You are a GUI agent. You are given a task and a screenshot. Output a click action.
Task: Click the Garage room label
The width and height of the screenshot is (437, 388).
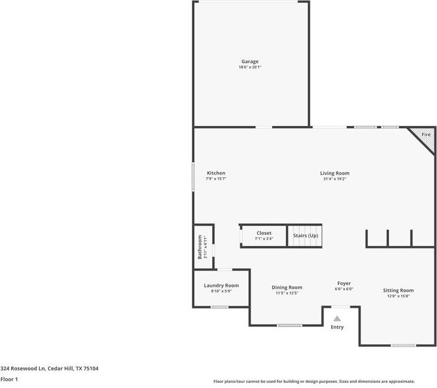(250, 62)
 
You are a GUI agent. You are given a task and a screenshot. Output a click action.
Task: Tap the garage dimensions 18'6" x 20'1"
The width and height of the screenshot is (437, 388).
(250, 67)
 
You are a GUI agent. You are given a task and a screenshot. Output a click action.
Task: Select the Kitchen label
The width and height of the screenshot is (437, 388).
(216, 173)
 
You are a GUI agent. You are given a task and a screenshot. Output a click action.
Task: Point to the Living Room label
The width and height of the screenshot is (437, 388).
(334, 173)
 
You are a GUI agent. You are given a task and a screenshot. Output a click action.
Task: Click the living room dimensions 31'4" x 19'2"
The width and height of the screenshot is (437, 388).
(334, 179)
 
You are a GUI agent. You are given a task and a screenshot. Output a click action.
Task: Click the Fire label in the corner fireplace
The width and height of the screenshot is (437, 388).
(426, 134)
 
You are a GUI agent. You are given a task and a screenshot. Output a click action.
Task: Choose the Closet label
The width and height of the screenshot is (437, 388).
(264, 233)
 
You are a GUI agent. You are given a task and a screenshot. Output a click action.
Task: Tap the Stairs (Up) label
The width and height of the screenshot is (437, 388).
(305, 235)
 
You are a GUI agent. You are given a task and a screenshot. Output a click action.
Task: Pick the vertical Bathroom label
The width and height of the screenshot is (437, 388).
(200, 247)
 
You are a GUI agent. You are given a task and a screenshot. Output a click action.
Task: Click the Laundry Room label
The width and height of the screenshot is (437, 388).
(221, 285)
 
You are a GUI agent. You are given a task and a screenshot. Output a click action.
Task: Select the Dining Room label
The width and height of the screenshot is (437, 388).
(286, 287)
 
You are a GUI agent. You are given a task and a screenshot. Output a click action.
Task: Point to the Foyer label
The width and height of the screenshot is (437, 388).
(344, 284)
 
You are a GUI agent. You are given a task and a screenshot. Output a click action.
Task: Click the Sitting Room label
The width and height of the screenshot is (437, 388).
(398, 290)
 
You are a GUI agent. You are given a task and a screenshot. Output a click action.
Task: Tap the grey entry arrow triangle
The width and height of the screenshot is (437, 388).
(337, 319)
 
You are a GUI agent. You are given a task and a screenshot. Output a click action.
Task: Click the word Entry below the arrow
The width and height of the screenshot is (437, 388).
(337, 327)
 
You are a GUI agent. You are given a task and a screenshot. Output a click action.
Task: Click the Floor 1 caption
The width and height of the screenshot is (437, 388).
(9, 379)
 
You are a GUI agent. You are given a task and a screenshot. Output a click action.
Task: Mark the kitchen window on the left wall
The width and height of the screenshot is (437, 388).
(193, 176)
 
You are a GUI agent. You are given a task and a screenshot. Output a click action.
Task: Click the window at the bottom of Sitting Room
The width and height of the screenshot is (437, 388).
(403, 345)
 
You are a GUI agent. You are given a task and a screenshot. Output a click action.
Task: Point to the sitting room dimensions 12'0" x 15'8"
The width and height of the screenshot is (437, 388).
(398, 296)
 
